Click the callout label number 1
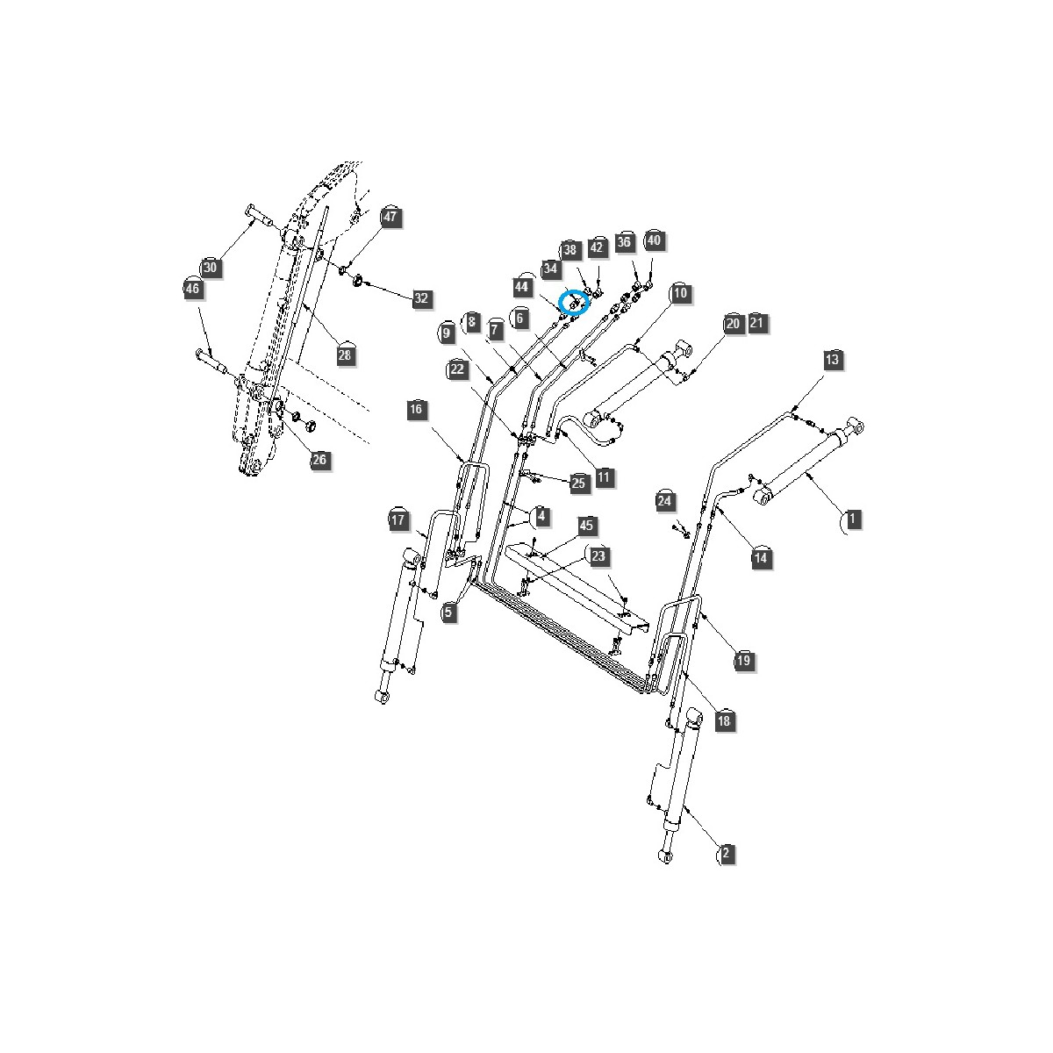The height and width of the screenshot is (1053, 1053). coord(851,519)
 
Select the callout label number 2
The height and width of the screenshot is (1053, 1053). coord(725,853)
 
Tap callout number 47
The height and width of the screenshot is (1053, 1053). coord(390,217)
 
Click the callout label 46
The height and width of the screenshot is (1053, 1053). coord(193,288)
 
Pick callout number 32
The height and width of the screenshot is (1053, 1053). coord(421,298)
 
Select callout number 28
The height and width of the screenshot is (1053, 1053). coord(344,355)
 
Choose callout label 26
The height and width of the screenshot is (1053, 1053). coord(319,460)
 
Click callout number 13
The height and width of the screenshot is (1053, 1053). coord(832,359)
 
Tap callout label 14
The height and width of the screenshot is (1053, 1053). coord(761,557)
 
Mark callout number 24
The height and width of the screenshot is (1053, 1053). coord(666,500)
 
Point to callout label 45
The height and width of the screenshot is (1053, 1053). coord(587,526)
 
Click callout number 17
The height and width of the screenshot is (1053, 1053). coord(399,520)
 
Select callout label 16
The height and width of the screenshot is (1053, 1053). coord(416,409)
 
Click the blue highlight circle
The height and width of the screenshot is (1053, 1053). coord(574,302)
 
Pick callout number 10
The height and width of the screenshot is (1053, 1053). coord(680,293)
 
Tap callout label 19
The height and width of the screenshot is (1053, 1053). coord(743,660)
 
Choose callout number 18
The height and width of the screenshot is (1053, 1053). coord(724,721)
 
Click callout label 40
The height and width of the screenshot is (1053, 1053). coord(654,240)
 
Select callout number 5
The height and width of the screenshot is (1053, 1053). coord(449,612)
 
